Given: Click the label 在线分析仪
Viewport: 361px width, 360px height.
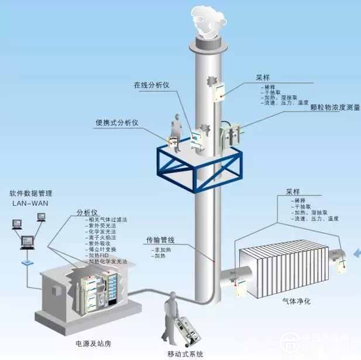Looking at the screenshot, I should (x=151, y=85).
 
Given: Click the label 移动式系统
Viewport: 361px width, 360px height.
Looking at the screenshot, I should (x=184, y=354).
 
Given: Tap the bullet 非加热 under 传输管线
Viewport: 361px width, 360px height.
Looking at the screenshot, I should (x=162, y=250).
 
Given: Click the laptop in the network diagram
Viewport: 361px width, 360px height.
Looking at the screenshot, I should (x=27, y=241).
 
